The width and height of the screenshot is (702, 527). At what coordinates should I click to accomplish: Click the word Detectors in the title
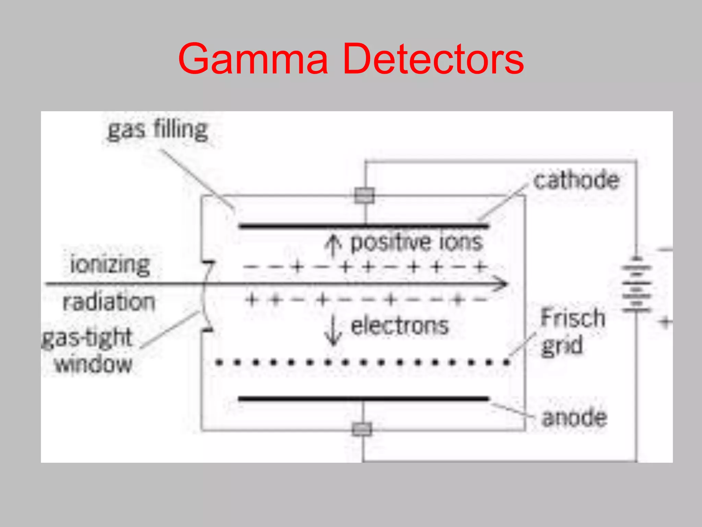pyautogui.click(x=433, y=59)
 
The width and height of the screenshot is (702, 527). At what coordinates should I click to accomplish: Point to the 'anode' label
pyautogui.click(x=574, y=418)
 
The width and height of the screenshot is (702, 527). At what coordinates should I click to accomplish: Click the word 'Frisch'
pyautogui.click(x=573, y=317)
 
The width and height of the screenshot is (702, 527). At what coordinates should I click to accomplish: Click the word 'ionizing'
pyautogui.click(x=110, y=265)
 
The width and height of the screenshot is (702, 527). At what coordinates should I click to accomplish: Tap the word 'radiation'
pyautogui.click(x=109, y=302)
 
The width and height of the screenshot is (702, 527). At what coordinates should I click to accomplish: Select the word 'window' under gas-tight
pyautogui.click(x=94, y=364)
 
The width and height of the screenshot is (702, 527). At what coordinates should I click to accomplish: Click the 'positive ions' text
pyautogui.click(x=416, y=242)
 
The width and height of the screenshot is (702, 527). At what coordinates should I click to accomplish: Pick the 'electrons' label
pyautogui.click(x=400, y=326)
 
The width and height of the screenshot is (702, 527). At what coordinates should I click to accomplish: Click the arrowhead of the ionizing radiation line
pyautogui.click(x=502, y=284)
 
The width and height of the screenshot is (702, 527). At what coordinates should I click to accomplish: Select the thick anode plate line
pyautogui.click(x=363, y=399)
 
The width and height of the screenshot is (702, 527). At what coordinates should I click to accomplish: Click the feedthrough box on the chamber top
pyautogui.click(x=364, y=196)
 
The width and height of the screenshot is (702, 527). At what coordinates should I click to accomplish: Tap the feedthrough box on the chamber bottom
pyautogui.click(x=362, y=429)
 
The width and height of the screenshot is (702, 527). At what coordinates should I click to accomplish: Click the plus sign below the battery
pyautogui.click(x=665, y=322)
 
